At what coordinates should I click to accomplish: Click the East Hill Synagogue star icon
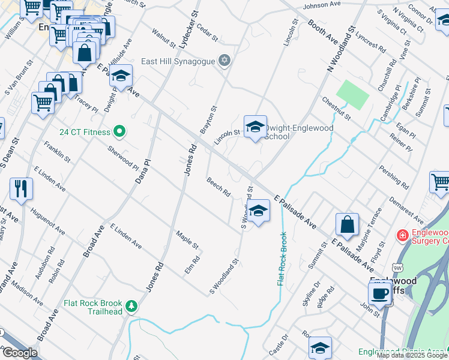click(224, 60)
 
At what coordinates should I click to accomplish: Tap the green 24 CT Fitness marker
click(119, 131)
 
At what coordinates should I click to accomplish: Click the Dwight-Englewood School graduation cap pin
click(255, 127)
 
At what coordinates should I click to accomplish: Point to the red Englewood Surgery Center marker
click(403, 236)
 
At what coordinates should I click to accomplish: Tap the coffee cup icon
click(380, 293)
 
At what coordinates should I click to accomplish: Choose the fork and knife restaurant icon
click(21, 188)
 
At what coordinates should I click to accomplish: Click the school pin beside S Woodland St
click(259, 211)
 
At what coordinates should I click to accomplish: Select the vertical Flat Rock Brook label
click(280, 259)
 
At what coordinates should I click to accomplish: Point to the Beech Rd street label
click(218, 187)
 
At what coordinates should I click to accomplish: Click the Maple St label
click(187, 240)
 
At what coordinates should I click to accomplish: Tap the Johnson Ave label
click(322, 5)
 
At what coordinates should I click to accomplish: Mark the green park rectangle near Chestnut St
click(352, 94)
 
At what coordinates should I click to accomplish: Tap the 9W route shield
click(397, 267)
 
